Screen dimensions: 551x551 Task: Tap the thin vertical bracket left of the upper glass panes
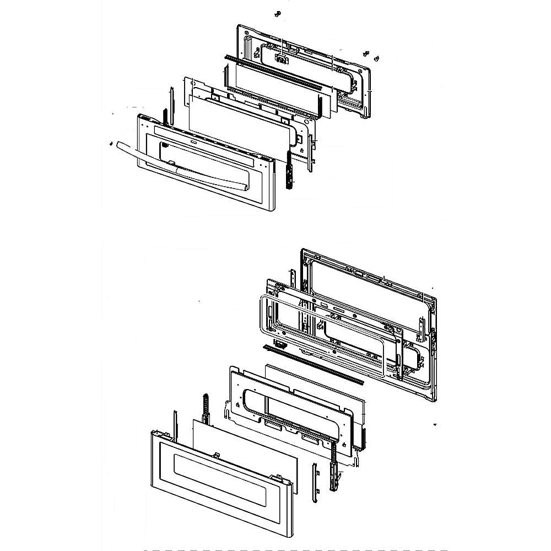172,105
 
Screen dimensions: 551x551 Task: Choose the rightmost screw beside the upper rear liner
377,57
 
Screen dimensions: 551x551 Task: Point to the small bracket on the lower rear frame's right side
423,328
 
